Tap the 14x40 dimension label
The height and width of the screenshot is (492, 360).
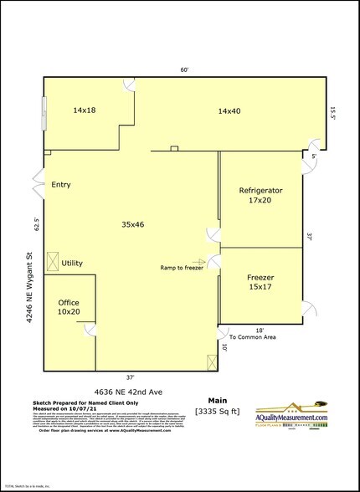point(229,110)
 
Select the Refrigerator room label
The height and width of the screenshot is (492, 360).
point(260,196)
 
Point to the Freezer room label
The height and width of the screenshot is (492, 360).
point(260,282)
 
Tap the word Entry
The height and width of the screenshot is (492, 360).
point(61,185)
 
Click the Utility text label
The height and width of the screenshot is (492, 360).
point(72,264)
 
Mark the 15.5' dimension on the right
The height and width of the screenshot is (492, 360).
point(332,112)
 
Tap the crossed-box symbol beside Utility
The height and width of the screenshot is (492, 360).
point(52,262)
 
